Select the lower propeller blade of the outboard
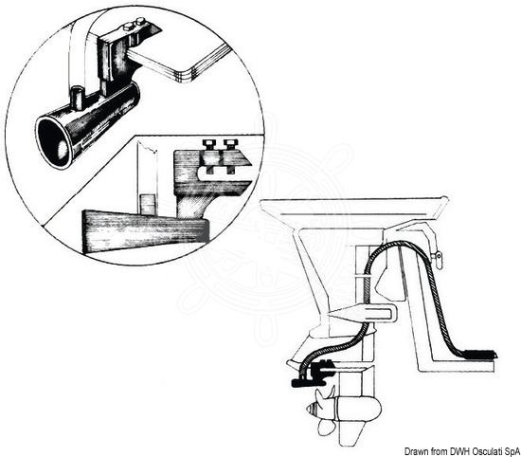click(x=326, y=427)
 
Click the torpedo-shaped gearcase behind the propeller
click(x=359, y=409)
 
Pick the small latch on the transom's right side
click(x=438, y=256)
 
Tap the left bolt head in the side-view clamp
click(x=209, y=144)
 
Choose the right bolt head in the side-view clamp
click(x=229, y=144)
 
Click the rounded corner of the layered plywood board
click(x=190, y=75)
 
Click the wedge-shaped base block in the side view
click(x=145, y=231)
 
